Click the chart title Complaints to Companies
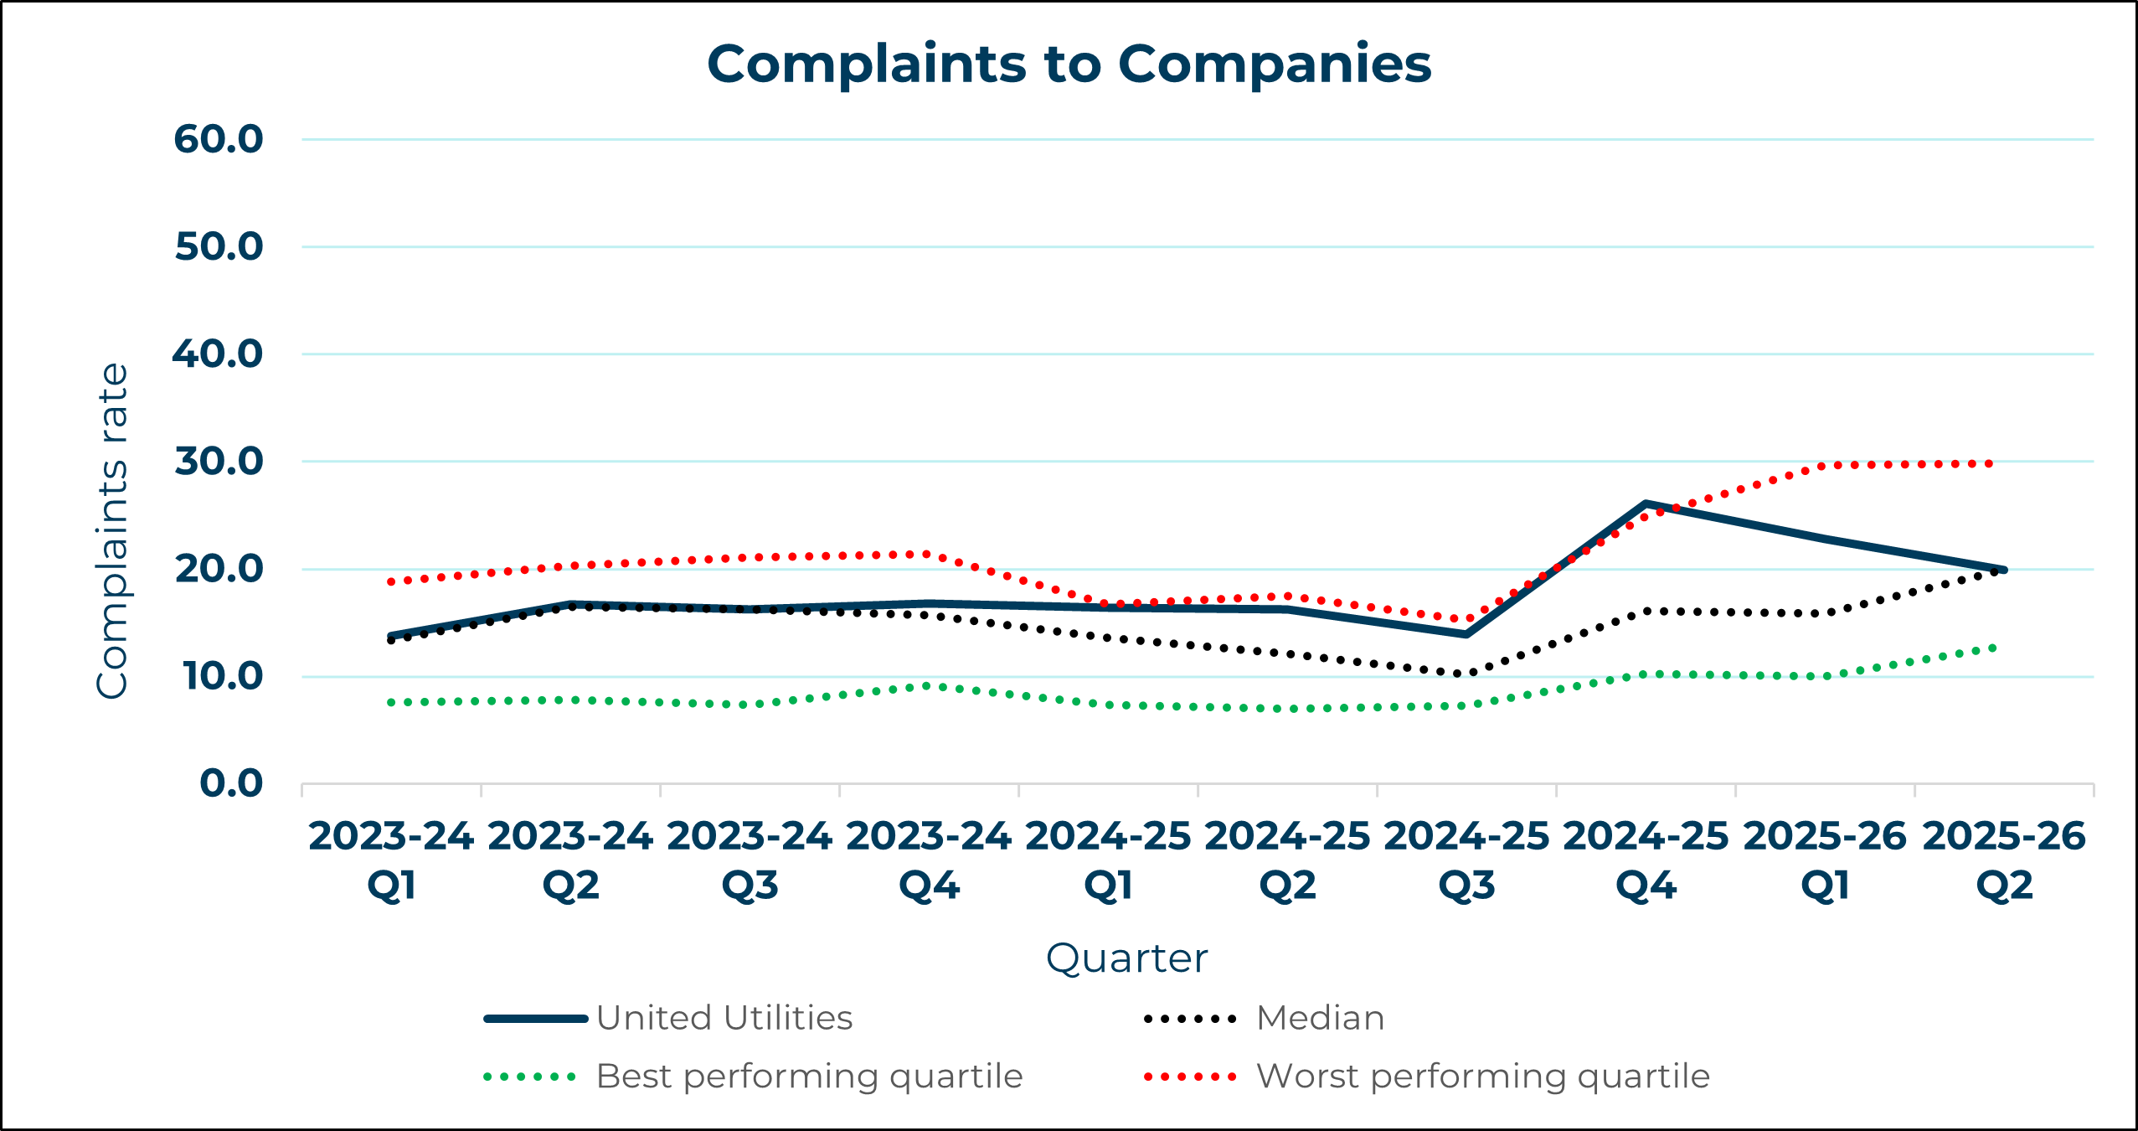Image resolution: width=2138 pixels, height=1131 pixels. coord(1069,64)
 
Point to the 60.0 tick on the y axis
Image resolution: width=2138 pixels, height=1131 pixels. coord(219,139)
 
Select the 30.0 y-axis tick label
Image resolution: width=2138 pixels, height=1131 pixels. coord(219,462)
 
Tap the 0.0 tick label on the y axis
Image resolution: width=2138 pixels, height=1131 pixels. coord(231,783)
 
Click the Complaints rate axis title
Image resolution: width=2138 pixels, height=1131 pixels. coord(112,531)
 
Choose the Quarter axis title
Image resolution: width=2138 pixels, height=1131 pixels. coord(1126,958)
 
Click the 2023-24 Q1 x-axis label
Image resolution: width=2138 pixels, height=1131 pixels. coord(391,860)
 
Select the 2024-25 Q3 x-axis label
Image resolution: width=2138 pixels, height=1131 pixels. coord(1466,860)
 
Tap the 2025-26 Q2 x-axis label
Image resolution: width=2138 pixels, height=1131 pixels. coord(2004,860)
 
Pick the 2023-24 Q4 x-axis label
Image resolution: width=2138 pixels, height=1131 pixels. coord(929,860)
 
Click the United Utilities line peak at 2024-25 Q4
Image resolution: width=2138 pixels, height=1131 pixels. coord(1646,504)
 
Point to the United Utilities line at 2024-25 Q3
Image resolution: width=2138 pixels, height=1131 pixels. coord(1466,634)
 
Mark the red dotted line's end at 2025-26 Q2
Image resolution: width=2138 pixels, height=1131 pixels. coord(1991,463)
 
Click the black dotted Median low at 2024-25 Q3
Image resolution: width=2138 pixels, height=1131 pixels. coord(1466,674)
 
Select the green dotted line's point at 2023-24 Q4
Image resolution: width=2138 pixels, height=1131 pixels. coord(929,685)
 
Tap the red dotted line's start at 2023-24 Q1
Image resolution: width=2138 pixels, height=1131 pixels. coord(391,581)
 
